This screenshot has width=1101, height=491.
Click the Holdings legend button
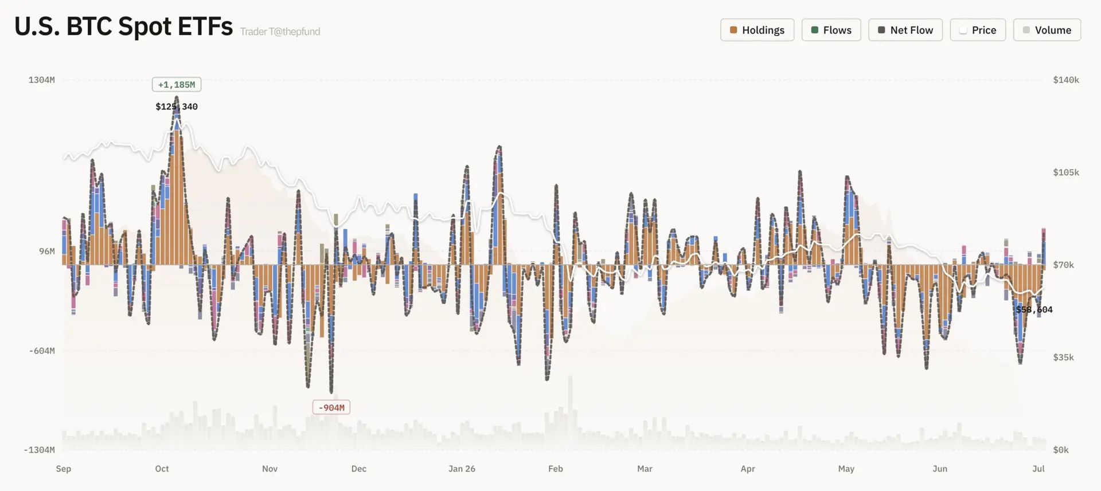[757, 30]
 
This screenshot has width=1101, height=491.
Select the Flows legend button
[831, 30]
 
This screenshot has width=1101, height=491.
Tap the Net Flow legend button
[905, 30]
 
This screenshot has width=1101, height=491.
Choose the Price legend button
[978, 30]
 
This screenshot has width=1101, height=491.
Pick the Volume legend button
[1047, 30]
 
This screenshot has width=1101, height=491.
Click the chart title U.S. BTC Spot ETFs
[123, 26]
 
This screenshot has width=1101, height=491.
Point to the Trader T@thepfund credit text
[280, 32]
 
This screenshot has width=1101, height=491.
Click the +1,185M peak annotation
[177, 85]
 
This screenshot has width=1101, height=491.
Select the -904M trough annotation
[331, 407]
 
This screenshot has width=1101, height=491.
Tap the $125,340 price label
[177, 107]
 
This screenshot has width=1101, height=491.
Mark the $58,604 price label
[1034, 309]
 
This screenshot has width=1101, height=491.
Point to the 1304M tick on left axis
[42, 80]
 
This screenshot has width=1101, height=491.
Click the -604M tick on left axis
[42, 351]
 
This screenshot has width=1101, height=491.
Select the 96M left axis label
[47, 251]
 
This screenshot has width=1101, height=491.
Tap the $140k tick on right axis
[1066, 80]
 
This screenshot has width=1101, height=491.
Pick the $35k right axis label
[1064, 357]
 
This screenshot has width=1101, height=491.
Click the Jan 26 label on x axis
[462, 469]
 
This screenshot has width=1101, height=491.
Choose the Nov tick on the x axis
[270, 469]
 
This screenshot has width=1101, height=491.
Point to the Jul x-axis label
[1038, 469]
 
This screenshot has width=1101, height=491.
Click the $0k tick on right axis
[1061, 450]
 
